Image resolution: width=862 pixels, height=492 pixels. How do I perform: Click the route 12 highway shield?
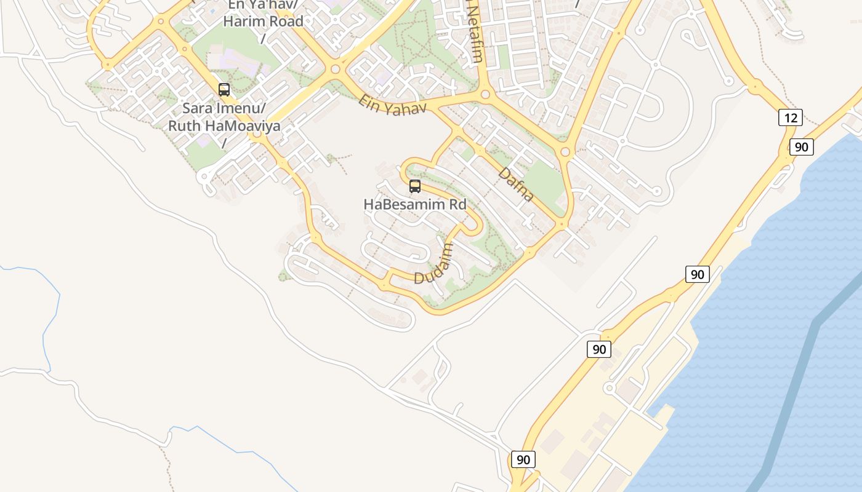[790, 117]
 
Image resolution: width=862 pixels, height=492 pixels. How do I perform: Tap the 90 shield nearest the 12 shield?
[801, 147]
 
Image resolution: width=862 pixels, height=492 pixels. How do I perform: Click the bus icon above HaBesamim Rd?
[415, 186]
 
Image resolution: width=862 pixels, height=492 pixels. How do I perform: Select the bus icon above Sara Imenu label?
[224, 90]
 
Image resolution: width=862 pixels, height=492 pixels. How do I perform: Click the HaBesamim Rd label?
[415, 204]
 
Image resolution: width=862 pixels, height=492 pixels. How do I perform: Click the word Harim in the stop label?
[244, 21]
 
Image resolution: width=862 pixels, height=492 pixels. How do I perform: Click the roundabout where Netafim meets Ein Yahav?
[485, 95]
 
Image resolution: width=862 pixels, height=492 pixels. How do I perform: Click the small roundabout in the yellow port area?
[610, 388]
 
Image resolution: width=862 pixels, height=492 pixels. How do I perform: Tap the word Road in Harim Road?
[286, 21]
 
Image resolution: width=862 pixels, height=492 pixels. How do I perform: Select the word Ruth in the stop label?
[183, 126]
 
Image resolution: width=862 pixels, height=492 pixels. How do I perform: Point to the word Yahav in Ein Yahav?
[406, 109]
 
